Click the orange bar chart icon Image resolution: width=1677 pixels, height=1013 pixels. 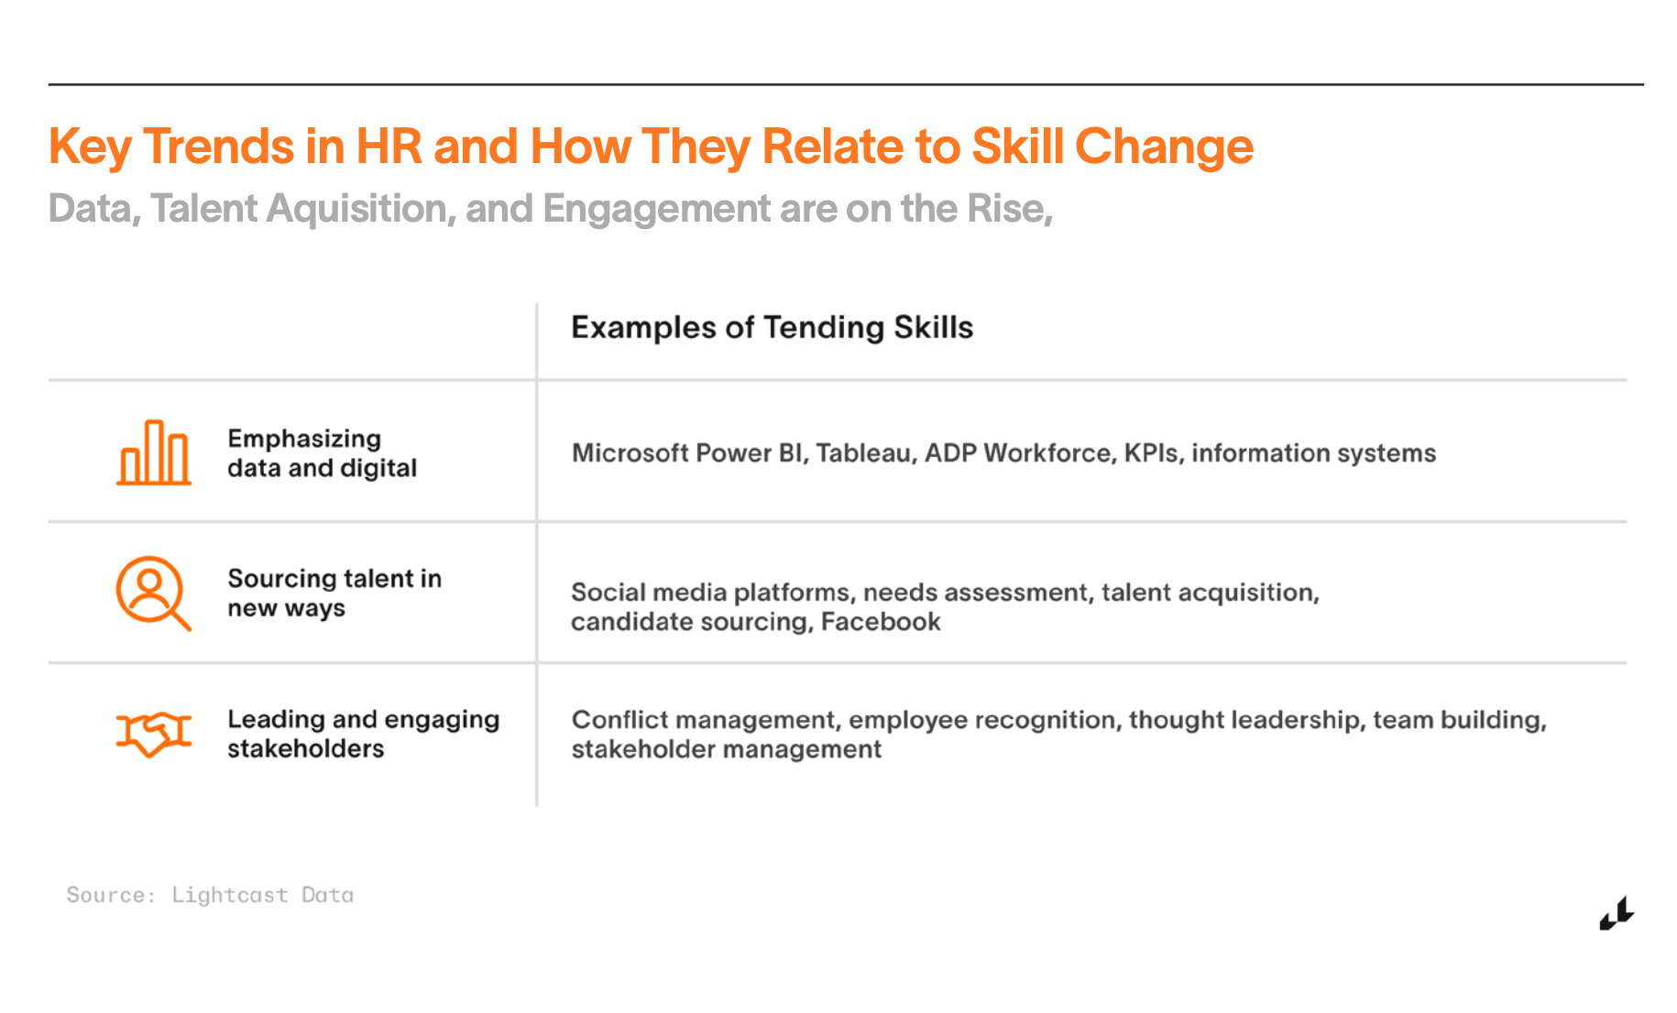click(x=154, y=452)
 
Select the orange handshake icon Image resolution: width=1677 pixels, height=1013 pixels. click(x=154, y=734)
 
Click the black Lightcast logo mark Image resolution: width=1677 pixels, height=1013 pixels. click(x=1617, y=913)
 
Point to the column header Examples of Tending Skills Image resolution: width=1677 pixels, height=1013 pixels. click(x=772, y=328)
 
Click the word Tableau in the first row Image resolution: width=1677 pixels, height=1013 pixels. click(x=866, y=452)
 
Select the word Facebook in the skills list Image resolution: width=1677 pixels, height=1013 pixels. click(x=881, y=622)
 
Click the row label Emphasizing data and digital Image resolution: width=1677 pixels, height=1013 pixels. click(x=322, y=453)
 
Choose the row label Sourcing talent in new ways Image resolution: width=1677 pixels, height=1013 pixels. click(x=334, y=594)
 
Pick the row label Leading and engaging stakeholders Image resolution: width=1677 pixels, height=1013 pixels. click(x=363, y=734)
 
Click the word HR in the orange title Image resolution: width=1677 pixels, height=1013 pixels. click(x=389, y=147)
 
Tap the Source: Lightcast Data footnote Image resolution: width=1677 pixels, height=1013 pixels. click(x=210, y=895)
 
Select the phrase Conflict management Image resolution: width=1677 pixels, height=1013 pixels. click(x=704, y=720)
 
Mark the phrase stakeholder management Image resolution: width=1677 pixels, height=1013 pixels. click(x=726, y=749)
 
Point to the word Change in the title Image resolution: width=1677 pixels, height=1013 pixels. click(x=1164, y=147)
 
